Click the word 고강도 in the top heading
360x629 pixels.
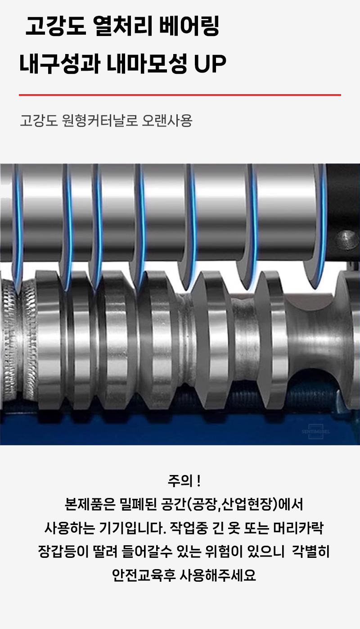click(55, 27)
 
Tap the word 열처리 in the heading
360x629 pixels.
click(122, 27)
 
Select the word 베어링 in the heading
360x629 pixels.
click(189, 27)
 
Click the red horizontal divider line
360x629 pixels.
click(180, 95)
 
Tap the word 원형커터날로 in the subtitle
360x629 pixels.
click(99, 121)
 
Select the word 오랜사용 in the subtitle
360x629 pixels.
click(167, 121)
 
